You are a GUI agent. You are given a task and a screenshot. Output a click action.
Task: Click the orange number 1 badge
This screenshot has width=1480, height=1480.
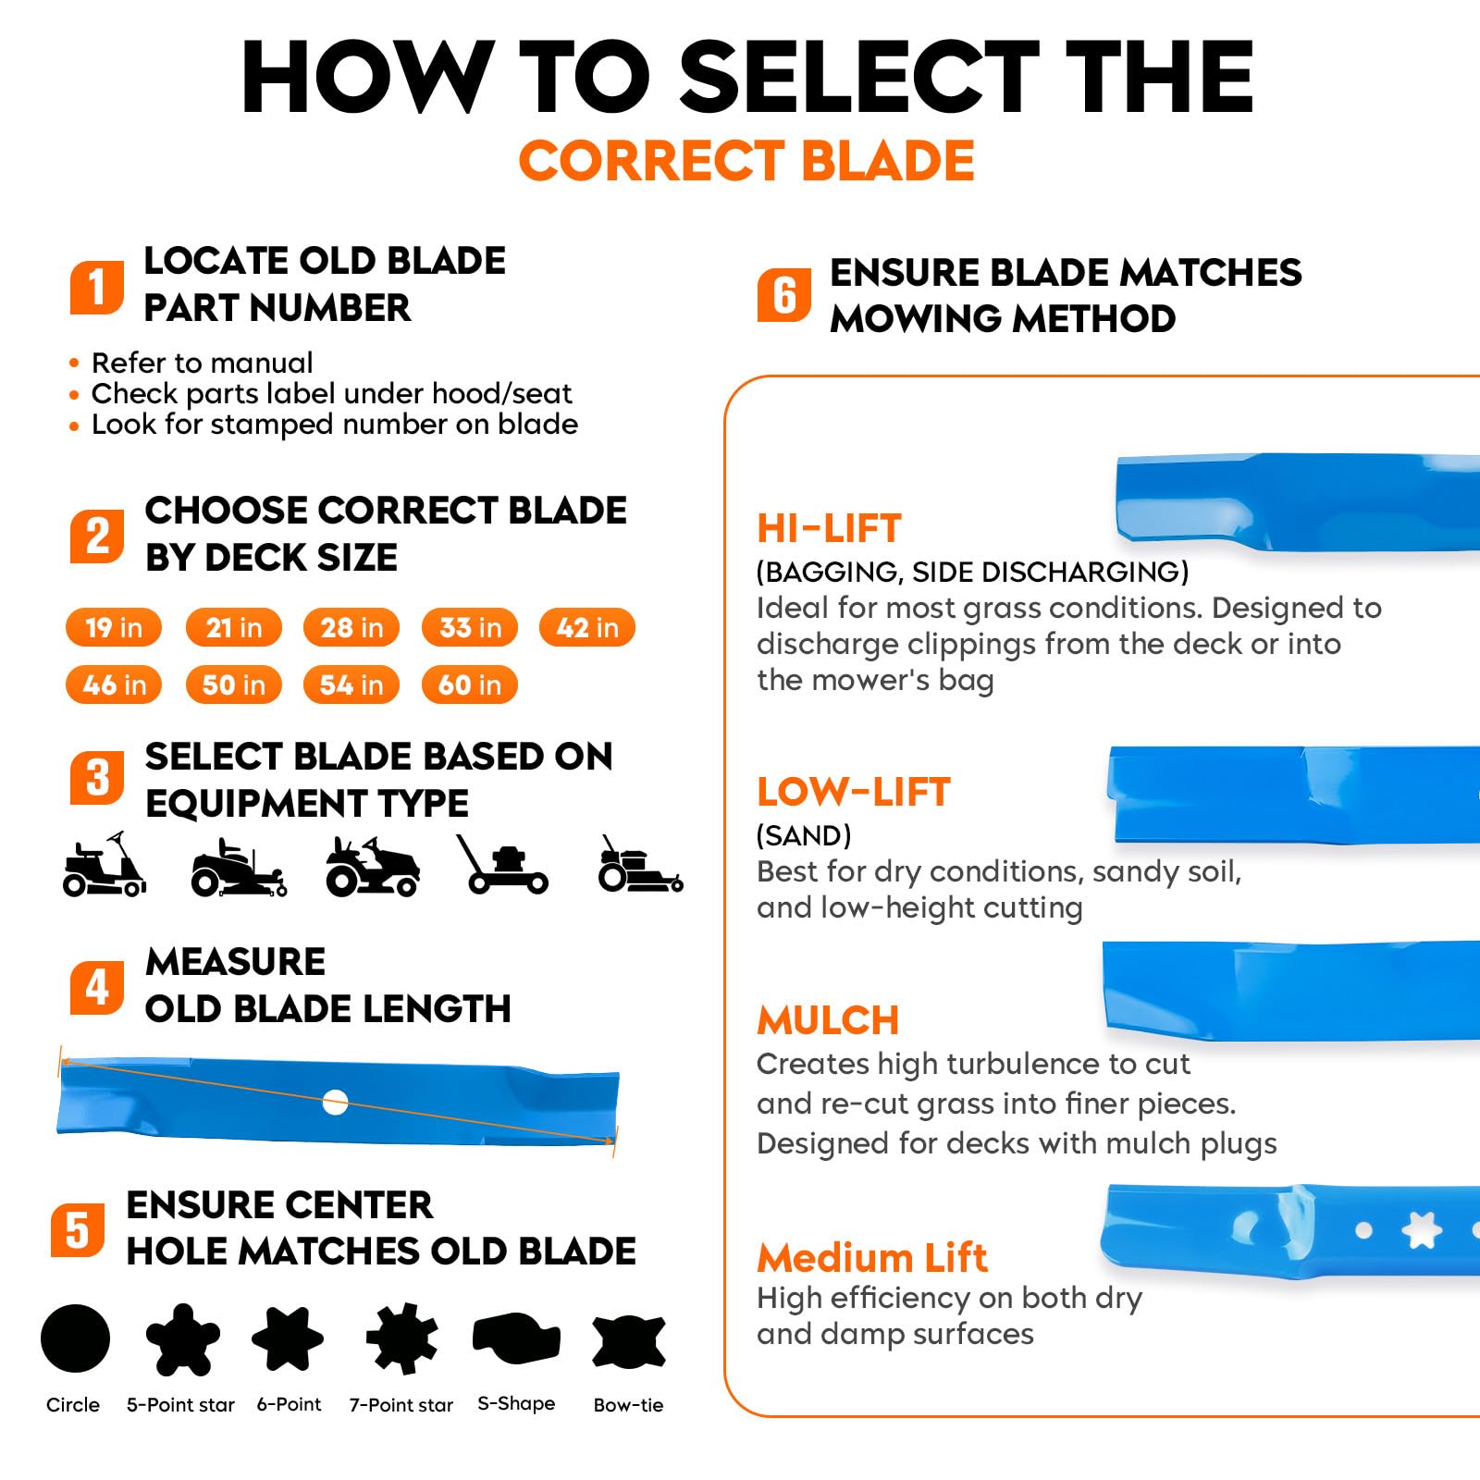[97, 287]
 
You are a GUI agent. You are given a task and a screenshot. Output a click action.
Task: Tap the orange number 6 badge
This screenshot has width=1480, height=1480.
[784, 295]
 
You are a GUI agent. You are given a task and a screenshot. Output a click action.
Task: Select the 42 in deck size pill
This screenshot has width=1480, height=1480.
[587, 627]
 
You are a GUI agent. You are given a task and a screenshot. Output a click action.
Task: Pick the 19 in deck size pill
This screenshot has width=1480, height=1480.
[114, 627]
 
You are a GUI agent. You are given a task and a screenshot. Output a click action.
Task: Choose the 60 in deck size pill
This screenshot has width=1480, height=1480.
[470, 684]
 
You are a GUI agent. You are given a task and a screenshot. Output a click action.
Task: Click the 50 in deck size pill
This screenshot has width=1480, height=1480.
[233, 684]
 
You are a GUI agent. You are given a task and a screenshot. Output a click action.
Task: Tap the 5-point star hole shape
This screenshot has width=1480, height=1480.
[183, 1338]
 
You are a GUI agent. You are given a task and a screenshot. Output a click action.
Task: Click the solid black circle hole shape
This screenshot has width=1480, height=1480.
[76, 1338]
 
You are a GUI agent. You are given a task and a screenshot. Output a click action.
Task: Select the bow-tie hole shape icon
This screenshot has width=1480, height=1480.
[629, 1341]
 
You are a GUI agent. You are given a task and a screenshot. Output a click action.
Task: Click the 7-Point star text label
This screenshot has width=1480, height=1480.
[401, 1405]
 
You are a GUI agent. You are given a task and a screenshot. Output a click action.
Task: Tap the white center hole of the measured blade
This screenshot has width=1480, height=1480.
[335, 1102]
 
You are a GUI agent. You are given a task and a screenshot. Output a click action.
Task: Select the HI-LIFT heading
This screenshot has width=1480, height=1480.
[829, 528]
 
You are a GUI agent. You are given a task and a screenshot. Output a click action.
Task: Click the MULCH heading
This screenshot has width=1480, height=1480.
[828, 1020]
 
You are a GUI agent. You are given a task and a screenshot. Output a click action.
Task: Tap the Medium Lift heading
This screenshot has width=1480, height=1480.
[872, 1258]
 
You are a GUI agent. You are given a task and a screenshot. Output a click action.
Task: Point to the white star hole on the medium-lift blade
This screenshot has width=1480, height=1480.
[1422, 1230]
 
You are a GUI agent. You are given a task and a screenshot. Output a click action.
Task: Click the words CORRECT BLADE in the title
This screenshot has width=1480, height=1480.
[746, 161]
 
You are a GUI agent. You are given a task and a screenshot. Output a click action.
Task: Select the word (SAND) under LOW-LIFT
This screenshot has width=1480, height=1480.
[804, 835]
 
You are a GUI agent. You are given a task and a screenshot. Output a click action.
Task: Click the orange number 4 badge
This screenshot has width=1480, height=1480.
[97, 987]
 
